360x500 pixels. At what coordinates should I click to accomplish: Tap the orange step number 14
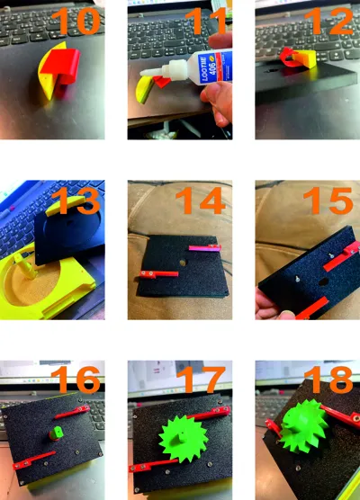(201, 201)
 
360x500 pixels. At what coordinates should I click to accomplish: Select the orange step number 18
(332, 379)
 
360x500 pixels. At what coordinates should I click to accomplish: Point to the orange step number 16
(76, 379)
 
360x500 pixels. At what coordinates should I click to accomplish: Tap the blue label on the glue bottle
(207, 69)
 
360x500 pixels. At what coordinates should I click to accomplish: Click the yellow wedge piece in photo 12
(306, 59)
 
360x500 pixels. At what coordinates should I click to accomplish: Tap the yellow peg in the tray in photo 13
(27, 266)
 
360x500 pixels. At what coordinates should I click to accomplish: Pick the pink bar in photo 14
(204, 248)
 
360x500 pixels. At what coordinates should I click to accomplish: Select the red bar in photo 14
(158, 274)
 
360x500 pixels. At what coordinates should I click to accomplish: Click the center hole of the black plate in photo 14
(183, 263)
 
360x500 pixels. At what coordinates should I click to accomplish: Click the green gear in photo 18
(304, 426)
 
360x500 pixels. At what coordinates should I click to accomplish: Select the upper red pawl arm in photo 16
(72, 411)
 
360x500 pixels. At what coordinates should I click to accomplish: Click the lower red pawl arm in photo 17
(153, 466)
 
